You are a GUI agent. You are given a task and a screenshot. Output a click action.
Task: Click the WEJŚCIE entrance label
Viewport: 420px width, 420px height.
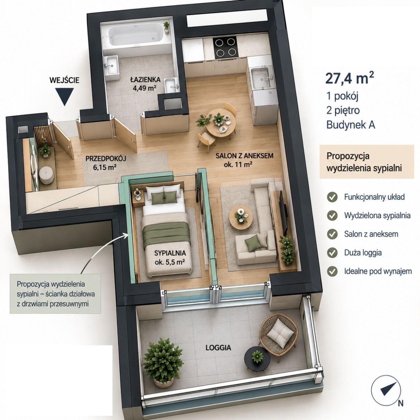(64, 80)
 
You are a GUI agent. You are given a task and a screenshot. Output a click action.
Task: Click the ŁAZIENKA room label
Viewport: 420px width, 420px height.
(145, 79)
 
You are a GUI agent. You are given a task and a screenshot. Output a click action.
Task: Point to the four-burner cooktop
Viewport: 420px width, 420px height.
(226, 48)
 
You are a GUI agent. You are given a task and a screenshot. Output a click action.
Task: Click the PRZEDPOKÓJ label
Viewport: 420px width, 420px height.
(106, 159)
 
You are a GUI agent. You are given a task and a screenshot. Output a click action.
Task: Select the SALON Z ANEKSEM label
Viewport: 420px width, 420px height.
(244, 156)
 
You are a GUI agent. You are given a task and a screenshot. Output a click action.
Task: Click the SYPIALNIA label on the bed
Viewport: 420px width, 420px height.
(170, 253)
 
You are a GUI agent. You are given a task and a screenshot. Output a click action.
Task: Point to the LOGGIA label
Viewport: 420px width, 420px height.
(218, 348)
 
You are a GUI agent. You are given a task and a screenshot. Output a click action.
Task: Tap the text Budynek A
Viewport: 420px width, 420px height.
(351, 125)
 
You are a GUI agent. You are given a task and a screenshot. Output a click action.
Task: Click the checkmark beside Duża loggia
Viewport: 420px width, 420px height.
(332, 253)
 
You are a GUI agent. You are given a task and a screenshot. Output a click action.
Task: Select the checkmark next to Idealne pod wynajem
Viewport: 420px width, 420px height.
(332, 272)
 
